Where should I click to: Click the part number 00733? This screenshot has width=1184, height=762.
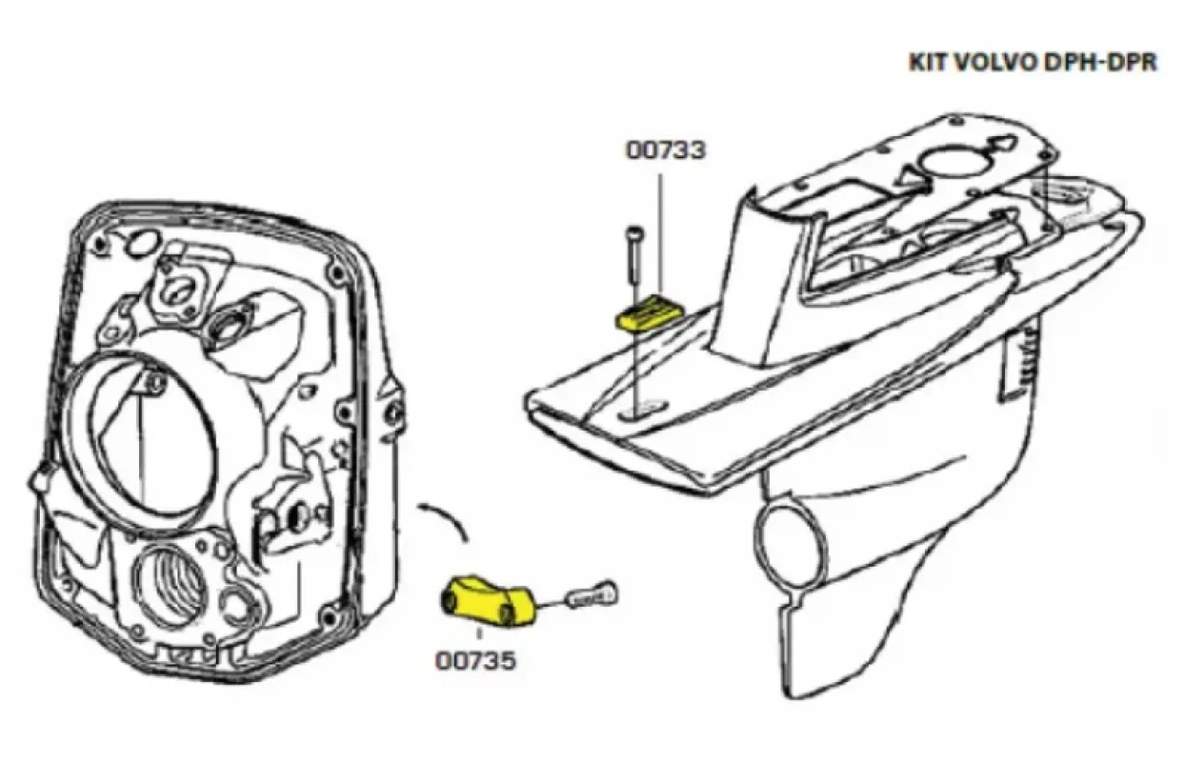(666, 150)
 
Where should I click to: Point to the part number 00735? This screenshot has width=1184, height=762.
(476, 660)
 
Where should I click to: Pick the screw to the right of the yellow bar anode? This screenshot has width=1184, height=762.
(592, 597)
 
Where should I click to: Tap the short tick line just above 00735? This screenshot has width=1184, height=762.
(477, 635)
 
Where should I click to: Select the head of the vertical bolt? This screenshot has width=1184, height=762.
(632, 232)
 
